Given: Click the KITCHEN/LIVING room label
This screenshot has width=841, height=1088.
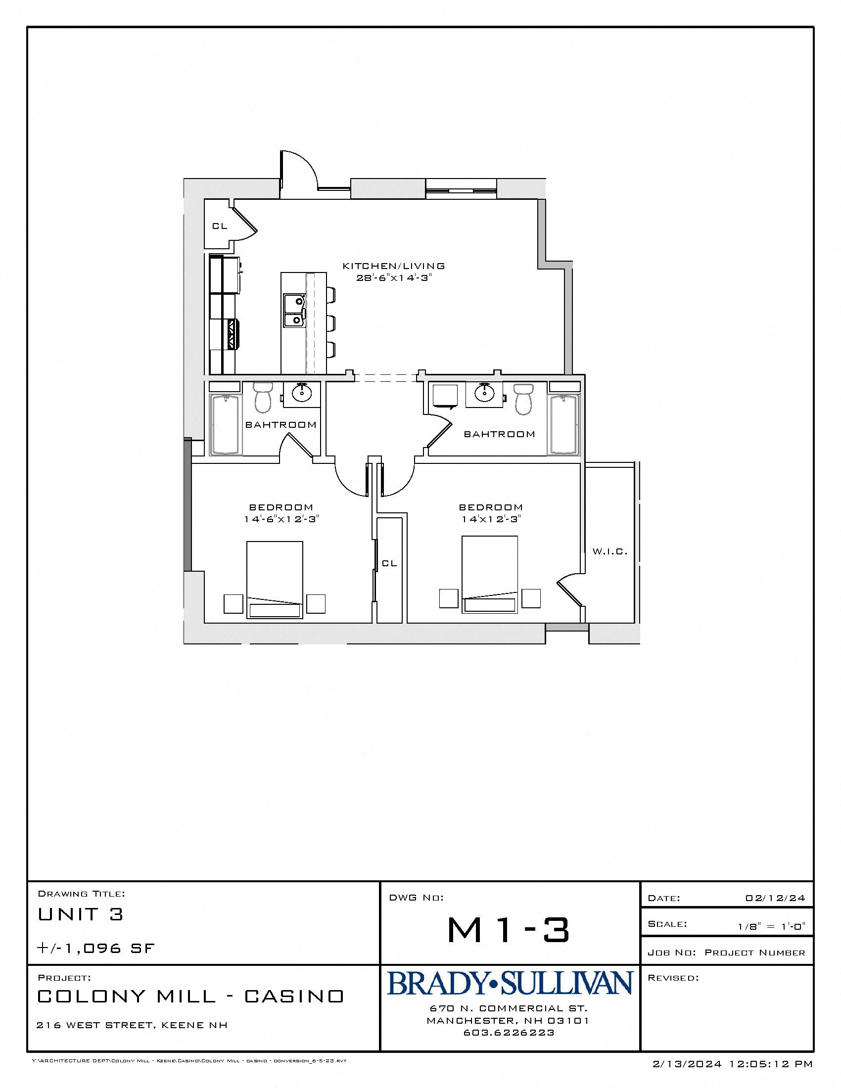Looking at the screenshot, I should coord(393,266).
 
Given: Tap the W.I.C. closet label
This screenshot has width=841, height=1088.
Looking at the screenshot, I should coord(609,551).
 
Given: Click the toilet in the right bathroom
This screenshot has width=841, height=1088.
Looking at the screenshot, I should coord(523,399).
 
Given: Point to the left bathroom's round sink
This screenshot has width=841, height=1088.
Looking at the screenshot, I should coord(302,394).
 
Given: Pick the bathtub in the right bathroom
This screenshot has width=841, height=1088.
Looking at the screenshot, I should coord(564,424).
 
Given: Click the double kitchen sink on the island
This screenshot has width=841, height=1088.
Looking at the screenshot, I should coord(294,311).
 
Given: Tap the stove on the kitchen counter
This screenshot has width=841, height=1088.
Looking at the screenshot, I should coord(232,333).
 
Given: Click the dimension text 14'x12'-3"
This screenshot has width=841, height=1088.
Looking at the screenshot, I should coord(490,519).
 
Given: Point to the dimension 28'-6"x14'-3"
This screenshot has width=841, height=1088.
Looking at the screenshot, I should coord(393,278).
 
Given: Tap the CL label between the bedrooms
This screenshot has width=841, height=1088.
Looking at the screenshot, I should coord(389,563).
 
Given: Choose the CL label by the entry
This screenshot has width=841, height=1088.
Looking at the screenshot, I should coord(220,226).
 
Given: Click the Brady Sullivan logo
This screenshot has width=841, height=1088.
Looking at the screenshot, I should coord(510,983).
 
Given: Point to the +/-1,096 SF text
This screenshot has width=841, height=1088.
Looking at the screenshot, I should coord(96,949).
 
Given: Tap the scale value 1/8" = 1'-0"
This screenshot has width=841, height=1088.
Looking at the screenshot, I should coord(771,927).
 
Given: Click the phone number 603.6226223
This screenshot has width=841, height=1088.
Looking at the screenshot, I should coord(509,1033).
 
